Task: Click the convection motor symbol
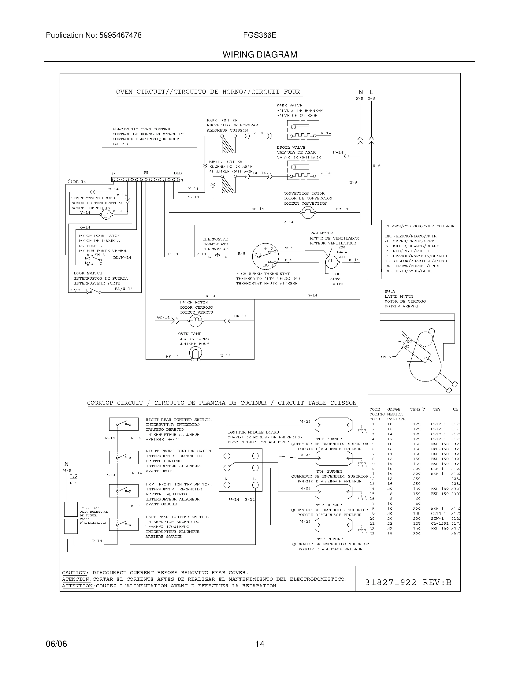307,212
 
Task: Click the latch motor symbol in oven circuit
195,321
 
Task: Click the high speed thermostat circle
265,257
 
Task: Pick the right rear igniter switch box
124,424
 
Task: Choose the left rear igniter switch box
124,524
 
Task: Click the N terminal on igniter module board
227,485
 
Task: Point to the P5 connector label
146,173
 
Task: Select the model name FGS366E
259,35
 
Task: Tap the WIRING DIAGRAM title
260,55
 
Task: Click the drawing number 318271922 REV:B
408,582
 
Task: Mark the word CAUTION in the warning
75,573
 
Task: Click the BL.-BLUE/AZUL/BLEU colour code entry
408,271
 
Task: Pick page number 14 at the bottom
260,644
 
